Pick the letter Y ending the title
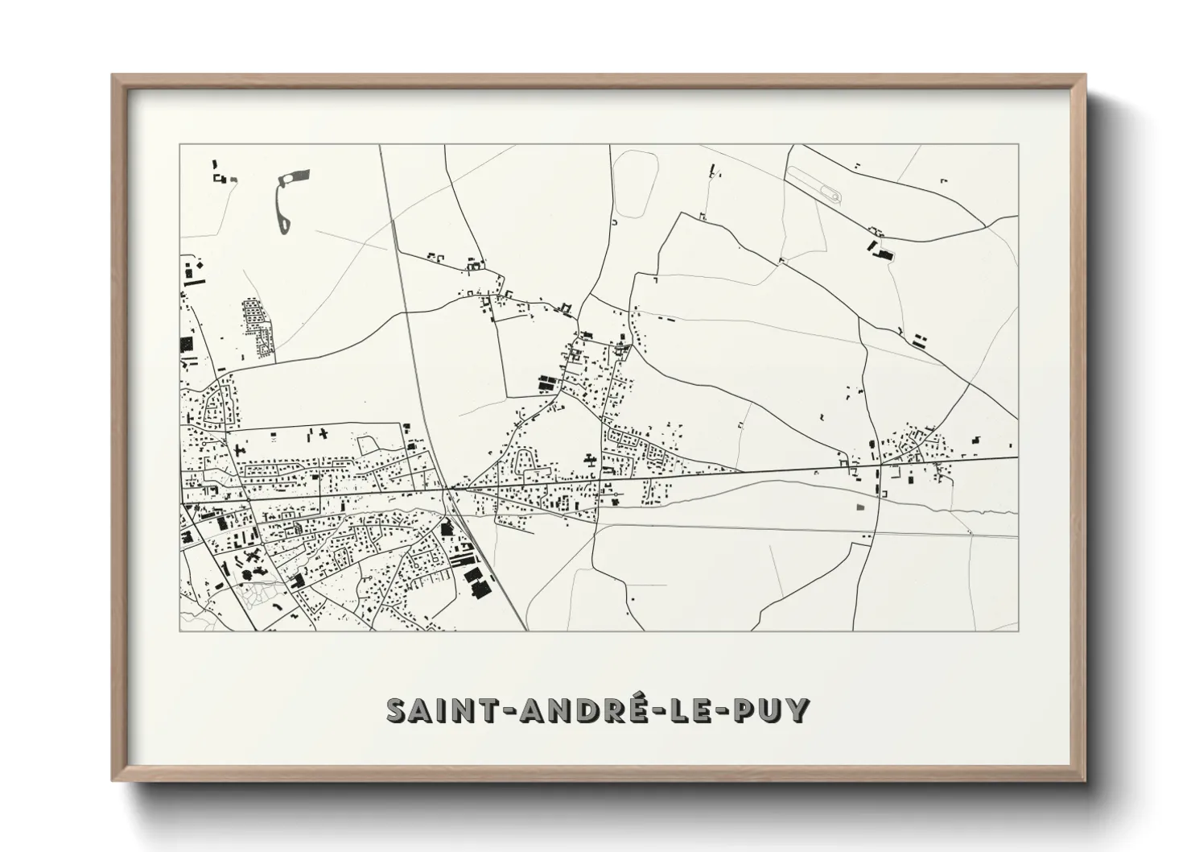click(x=797, y=711)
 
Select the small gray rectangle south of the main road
click(x=860, y=508)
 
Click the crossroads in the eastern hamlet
click(x=881, y=465)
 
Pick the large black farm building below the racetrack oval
click(x=884, y=254)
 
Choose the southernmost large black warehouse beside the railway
click(x=481, y=592)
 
